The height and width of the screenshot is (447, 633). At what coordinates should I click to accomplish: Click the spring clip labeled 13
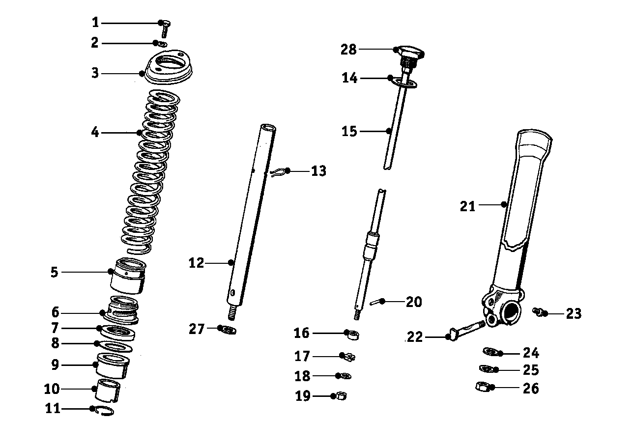pyautogui.click(x=278, y=172)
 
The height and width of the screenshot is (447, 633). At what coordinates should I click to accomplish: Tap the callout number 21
pyautogui.click(x=468, y=206)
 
